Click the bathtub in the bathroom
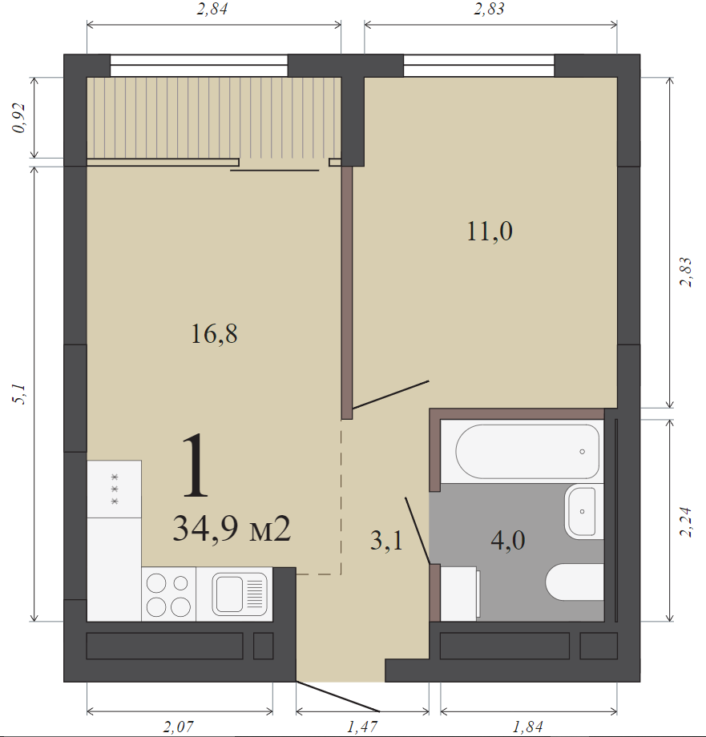tap(527, 452)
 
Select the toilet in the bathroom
tap(575, 582)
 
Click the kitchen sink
tap(240, 594)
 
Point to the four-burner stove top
tap(169, 594)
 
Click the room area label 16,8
tap(214, 334)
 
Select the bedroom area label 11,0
tap(490, 232)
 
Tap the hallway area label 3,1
tap(386, 540)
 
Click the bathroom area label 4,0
tap(507, 540)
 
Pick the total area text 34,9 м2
tap(232, 529)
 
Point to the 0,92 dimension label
tap(19, 118)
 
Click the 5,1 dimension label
tap(19, 394)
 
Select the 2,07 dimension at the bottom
tap(178, 727)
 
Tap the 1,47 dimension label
tap(362, 727)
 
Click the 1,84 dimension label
tap(527, 727)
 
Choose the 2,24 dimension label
tap(686, 522)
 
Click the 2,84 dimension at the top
tap(212, 9)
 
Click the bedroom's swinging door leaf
tap(390, 394)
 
